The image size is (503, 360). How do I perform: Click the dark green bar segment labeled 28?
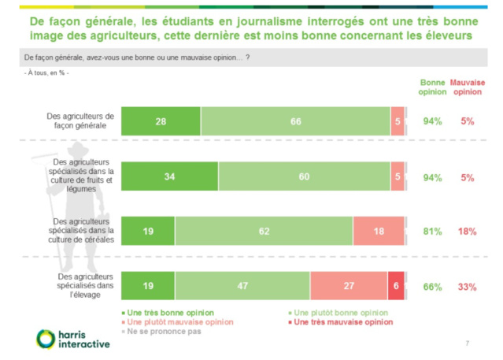tap(161, 121)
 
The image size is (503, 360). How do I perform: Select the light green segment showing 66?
tap(295, 121)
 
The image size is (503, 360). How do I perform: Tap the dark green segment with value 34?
tap(169, 177)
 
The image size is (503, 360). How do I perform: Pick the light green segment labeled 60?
tap(304, 177)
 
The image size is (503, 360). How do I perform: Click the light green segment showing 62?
tap(264, 231)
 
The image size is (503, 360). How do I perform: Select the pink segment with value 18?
tap(379, 231)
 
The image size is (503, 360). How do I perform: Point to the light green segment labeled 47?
tap(242, 286)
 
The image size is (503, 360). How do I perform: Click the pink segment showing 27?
tap(349, 286)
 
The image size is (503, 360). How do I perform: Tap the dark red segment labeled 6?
tap(396, 286)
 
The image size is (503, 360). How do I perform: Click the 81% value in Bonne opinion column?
tap(432, 232)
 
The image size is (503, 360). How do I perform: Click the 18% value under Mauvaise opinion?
tap(467, 232)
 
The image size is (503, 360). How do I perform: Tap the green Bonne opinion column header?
tap(432, 87)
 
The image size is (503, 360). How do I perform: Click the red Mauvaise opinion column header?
tap(468, 87)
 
